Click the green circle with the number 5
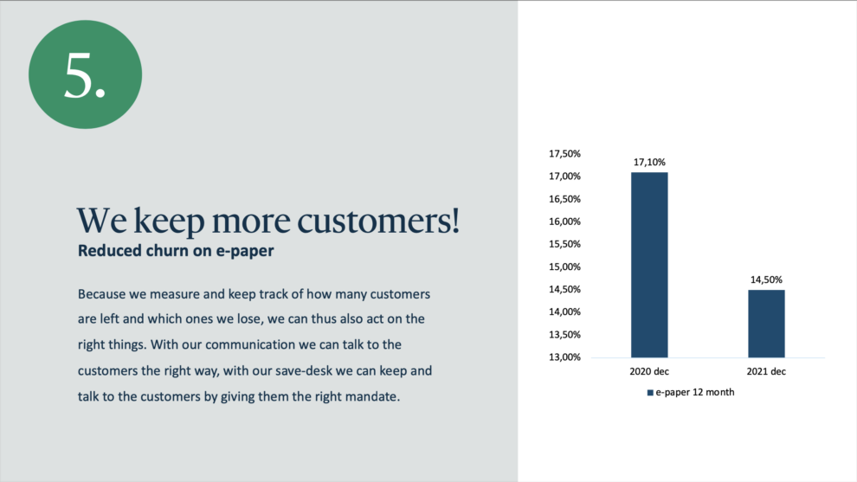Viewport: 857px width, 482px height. (x=85, y=74)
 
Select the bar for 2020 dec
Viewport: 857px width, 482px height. (x=649, y=265)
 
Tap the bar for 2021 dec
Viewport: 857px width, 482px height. (x=766, y=324)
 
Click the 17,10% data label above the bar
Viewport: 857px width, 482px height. (x=649, y=163)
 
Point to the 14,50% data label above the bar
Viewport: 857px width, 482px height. (x=766, y=280)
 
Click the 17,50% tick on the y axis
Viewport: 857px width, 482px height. (x=564, y=154)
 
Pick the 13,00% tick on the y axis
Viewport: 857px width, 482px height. (x=564, y=357)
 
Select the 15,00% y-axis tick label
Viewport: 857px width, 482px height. (x=564, y=267)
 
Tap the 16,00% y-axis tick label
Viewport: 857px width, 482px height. (x=564, y=222)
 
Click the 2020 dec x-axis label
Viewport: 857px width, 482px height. (x=649, y=371)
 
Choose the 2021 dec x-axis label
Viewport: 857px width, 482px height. (x=766, y=371)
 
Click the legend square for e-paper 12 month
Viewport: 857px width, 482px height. (x=650, y=392)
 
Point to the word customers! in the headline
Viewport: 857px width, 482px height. (x=378, y=221)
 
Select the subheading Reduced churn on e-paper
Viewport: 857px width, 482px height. (x=176, y=251)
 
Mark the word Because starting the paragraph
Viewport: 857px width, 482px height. (x=102, y=294)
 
